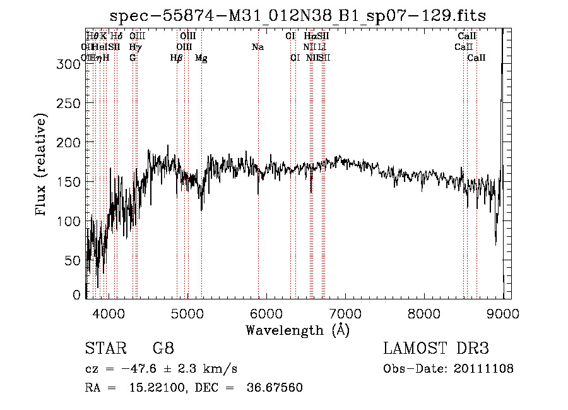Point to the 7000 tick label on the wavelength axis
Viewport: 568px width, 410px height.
coord(345,313)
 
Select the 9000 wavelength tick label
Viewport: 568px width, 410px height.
coord(503,313)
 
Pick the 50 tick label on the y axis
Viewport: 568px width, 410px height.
coord(73,260)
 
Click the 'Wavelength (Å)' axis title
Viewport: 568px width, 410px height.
coord(297,330)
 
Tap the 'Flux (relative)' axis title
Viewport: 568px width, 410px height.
coord(42,166)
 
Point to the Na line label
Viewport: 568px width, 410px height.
coord(257,47)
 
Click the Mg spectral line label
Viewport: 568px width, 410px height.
coord(201,58)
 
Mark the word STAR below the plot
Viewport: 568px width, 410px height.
coord(104,349)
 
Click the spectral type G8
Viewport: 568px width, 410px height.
coord(163,349)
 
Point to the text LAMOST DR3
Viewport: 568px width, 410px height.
coord(436,349)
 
